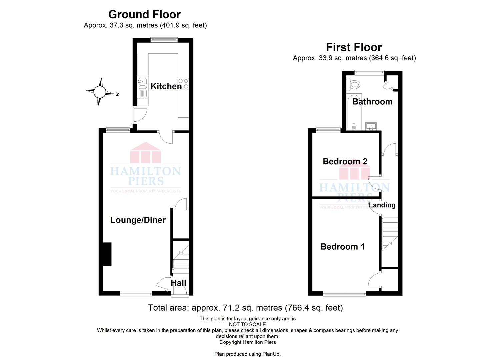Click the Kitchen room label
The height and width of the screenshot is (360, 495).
166,86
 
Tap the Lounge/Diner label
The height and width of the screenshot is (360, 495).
138,220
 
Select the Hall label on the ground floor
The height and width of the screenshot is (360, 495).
178,283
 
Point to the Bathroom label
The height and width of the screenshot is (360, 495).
372,102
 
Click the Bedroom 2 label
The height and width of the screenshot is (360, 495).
345,161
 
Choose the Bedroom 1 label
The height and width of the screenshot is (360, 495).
343,247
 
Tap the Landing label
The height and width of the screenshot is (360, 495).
382,205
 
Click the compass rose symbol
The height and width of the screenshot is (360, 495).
101,92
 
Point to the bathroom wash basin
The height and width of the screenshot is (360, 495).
371,126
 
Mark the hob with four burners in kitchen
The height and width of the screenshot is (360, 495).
183,84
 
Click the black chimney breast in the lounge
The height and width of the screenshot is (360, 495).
107,254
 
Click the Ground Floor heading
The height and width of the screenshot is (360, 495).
145,15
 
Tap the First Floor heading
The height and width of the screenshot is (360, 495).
354,47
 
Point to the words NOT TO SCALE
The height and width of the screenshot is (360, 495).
247,324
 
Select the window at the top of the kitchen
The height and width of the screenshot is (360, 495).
164,40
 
